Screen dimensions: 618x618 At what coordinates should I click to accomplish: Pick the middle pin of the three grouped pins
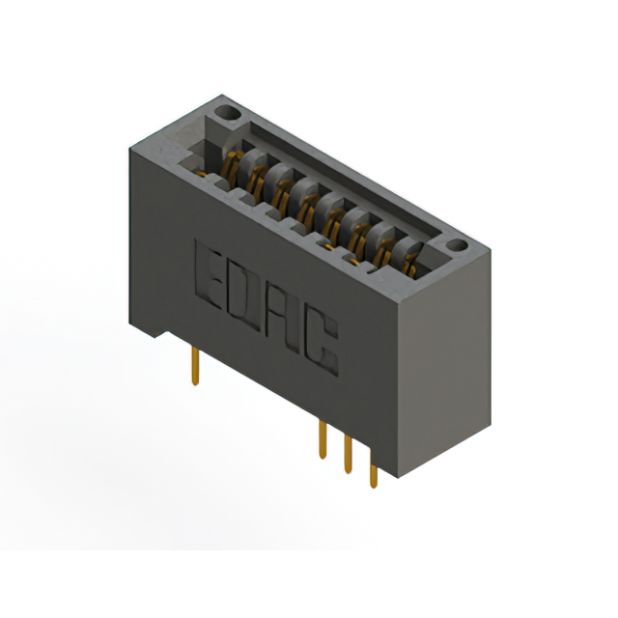click(x=348, y=458)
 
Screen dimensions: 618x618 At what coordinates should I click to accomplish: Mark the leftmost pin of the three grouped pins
click(x=323, y=439)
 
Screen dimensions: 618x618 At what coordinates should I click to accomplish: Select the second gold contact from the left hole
click(x=257, y=178)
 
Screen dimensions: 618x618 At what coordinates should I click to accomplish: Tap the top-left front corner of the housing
click(x=129, y=153)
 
